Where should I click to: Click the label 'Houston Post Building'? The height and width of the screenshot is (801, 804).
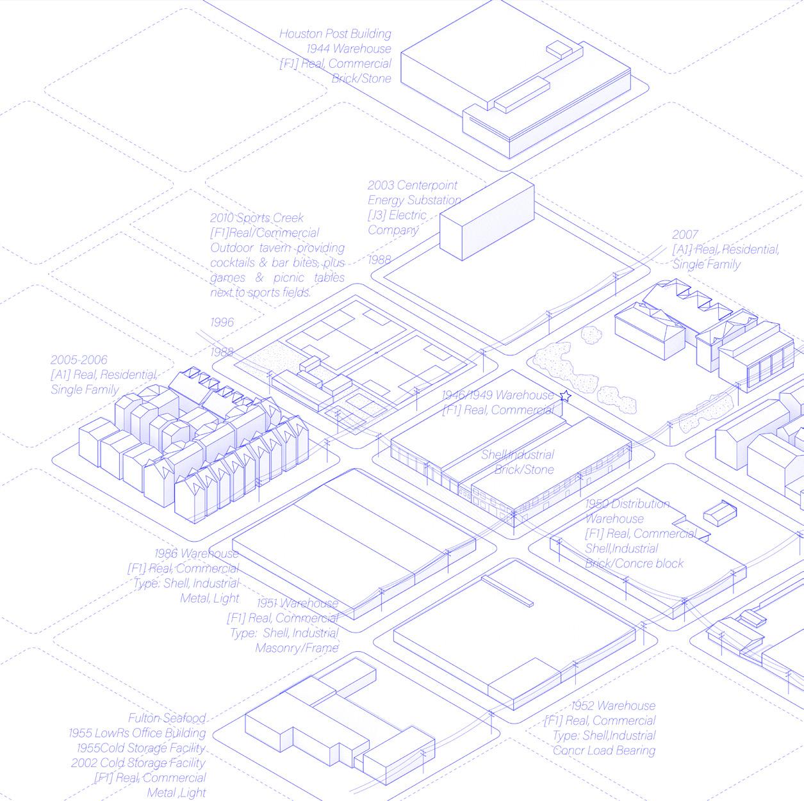click(335, 34)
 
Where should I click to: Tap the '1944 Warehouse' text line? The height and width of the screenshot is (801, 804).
click(349, 49)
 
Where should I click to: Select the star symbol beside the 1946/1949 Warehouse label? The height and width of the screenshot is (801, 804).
click(564, 397)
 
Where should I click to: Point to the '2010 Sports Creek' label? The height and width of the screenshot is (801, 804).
click(257, 218)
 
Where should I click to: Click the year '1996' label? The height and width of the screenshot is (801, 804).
click(222, 322)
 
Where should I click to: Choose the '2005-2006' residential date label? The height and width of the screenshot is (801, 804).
click(79, 360)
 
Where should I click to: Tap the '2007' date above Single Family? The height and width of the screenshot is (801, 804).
click(685, 234)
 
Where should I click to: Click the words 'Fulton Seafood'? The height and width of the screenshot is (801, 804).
click(167, 718)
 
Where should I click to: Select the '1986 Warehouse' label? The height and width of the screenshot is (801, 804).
click(196, 553)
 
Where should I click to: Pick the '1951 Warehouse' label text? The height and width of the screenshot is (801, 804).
click(297, 603)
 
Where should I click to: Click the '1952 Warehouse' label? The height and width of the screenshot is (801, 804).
click(613, 706)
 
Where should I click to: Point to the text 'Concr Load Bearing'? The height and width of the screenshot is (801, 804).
click(603, 750)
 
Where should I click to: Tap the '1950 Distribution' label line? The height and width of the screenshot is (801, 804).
click(627, 504)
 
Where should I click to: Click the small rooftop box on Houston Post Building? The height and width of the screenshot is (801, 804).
click(557, 49)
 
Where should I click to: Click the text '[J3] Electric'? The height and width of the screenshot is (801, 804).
click(397, 215)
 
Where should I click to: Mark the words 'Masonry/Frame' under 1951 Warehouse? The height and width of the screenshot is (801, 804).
click(297, 648)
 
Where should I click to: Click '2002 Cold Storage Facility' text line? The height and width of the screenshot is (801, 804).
click(138, 763)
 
